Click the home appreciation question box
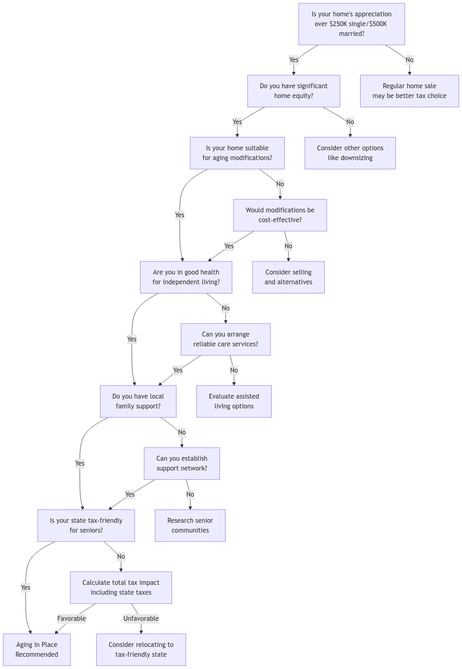[x=351, y=24]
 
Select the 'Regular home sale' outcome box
[x=409, y=91]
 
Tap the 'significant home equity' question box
[x=294, y=91]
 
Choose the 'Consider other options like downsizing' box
[x=350, y=153]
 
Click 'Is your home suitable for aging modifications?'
[x=237, y=153]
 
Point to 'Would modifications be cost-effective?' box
[x=280, y=215]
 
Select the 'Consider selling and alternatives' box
[x=288, y=277]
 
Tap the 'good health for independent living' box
[x=186, y=277]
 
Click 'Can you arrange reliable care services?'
[x=225, y=339]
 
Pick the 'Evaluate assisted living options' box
[x=234, y=401]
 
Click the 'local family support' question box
[x=138, y=401]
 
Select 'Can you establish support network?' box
[x=182, y=464]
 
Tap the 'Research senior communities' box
[x=190, y=526]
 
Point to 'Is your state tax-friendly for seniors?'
[x=86, y=526]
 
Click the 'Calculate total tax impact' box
[x=121, y=588]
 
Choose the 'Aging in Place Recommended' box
[x=37, y=650]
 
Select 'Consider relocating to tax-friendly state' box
[x=141, y=650]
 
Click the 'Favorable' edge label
[x=71, y=618]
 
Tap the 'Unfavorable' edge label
[x=141, y=618]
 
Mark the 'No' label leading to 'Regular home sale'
[x=409, y=60]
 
